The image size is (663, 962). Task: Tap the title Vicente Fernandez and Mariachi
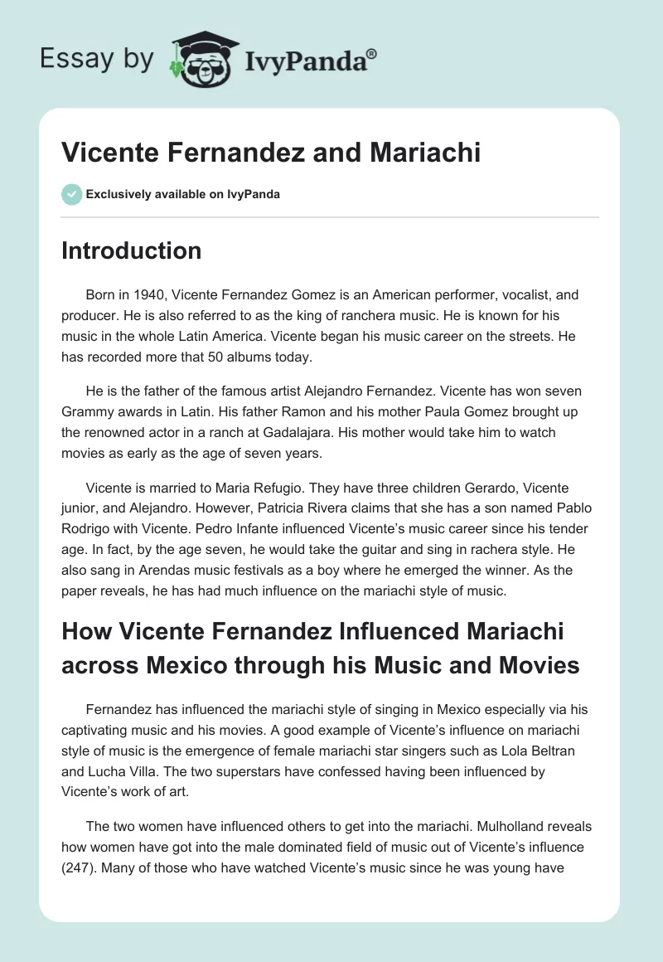pyautogui.click(x=271, y=153)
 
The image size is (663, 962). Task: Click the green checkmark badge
pyautogui.click(x=71, y=194)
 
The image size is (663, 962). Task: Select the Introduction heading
pyautogui.click(x=131, y=250)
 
